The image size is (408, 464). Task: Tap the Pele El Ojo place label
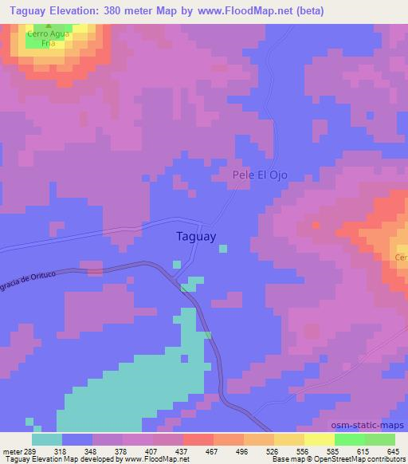tap(259, 175)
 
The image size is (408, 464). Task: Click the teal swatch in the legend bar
tap(47, 439)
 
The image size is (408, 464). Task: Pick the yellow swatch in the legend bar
tap(319, 439)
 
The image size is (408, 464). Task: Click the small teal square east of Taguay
tap(222, 249)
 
